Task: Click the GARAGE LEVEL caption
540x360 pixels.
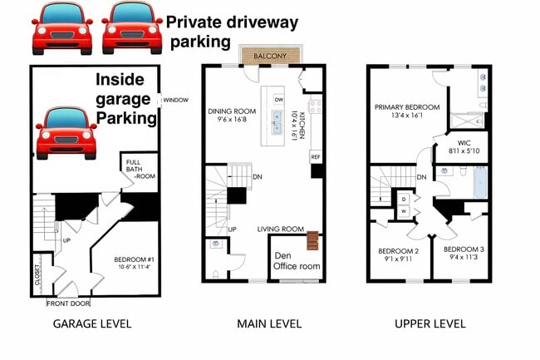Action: [x=91, y=323]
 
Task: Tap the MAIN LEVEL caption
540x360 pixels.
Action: [x=269, y=323]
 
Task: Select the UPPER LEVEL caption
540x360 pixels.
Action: [x=430, y=323]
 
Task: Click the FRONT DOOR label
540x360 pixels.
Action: [x=69, y=303]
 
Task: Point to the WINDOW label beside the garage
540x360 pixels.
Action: [x=176, y=100]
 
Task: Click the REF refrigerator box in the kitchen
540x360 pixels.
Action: [x=316, y=156]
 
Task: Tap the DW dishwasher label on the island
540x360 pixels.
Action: [x=279, y=100]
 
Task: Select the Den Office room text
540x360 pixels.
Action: [x=297, y=261]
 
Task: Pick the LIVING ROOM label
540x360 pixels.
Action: [x=281, y=229]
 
